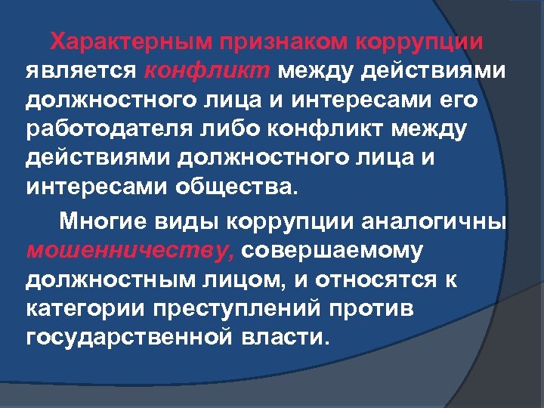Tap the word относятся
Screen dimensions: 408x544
[x=377, y=280]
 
